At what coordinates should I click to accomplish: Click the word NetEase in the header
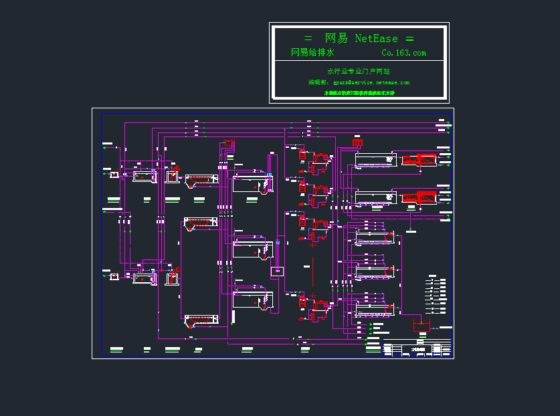point(376,39)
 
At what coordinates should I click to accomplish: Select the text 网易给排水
point(312,53)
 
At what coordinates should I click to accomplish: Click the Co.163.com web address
point(403,53)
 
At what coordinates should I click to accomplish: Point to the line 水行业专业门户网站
point(359,71)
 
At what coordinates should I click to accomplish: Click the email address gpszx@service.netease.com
point(371,82)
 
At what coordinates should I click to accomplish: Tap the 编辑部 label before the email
point(318,82)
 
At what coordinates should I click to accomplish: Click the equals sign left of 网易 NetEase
point(308,39)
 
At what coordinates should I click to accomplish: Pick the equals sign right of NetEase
point(409,39)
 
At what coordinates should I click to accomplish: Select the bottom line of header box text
point(359,93)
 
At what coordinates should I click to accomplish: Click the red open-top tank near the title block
point(421,326)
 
